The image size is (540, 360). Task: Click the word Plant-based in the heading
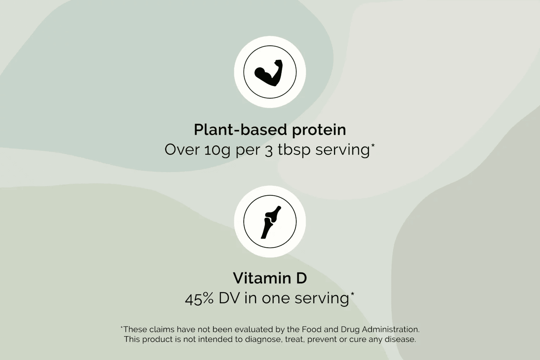240,130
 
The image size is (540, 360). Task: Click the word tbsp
294,150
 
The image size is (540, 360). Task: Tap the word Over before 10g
182,150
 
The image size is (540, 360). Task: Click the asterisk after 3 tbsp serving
373,145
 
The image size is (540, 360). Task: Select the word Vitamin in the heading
262,278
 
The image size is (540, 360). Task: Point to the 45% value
199,299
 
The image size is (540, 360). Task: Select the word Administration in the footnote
391,329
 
